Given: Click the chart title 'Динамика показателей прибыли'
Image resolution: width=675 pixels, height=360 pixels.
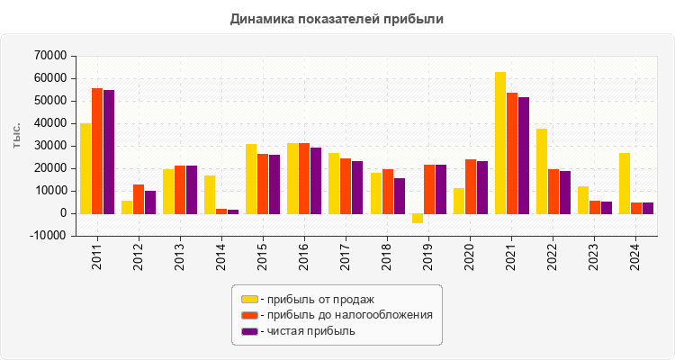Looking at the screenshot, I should [x=337, y=18].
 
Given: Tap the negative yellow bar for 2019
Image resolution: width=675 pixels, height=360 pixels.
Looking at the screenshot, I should [x=418, y=218].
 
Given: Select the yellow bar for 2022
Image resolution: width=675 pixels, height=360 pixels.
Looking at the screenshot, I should [x=542, y=171].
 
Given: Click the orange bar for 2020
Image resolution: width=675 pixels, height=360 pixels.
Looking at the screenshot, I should [x=471, y=186].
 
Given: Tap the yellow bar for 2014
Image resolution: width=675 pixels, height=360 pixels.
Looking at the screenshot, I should [x=210, y=194].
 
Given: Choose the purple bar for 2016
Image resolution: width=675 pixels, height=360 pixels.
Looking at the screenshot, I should [x=316, y=180].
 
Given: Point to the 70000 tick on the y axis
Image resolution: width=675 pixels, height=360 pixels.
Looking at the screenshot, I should [x=49, y=56].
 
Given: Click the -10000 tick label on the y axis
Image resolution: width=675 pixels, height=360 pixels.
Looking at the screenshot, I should [x=48, y=236].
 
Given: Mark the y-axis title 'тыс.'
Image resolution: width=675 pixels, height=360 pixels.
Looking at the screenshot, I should [x=17, y=135].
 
